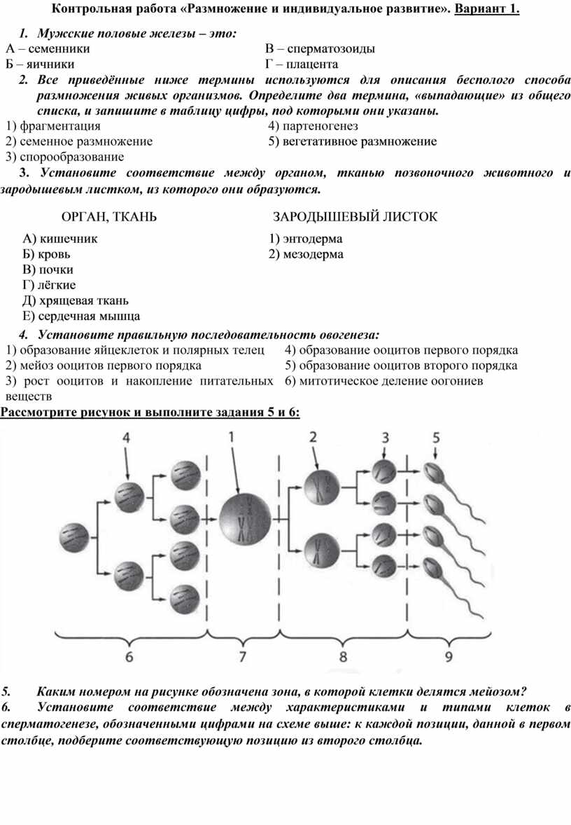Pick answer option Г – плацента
pyautogui.click(x=302, y=64)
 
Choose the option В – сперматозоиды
pyautogui.click(x=320, y=49)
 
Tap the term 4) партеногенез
pyautogui.click(x=313, y=126)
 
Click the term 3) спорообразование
pyautogui.click(x=64, y=157)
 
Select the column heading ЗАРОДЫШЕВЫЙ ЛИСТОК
pyautogui.click(x=355, y=217)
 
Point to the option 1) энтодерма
pyautogui.click(x=306, y=239)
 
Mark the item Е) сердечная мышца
pyautogui.click(x=81, y=316)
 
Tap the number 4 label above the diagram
pyautogui.click(x=126, y=437)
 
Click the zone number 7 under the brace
pyautogui.click(x=243, y=656)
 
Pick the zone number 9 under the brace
pyautogui.click(x=448, y=656)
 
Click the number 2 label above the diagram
pyautogui.click(x=313, y=437)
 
